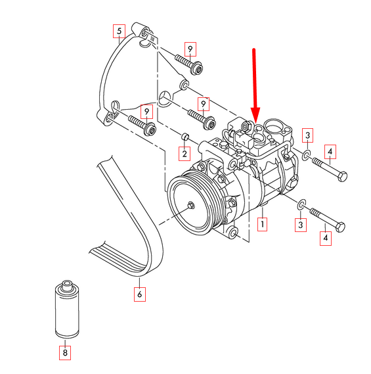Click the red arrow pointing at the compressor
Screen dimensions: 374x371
(x=255, y=82)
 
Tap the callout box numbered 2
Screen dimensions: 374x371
(x=185, y=154)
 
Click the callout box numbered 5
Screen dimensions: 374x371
(x=119, y=31)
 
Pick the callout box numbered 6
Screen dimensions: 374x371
(x=139, y=294)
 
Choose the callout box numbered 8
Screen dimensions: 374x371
(x=64, y=352)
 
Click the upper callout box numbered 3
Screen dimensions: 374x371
(x=307, y=137)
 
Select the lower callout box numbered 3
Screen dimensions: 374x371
(x=301, y=225)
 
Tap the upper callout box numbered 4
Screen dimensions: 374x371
(x=330, y=152)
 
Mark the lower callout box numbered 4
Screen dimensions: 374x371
(x=326, y=237)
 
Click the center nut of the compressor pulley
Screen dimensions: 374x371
(x=190, y=206)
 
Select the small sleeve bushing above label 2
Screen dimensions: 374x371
(x=185, y=136)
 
